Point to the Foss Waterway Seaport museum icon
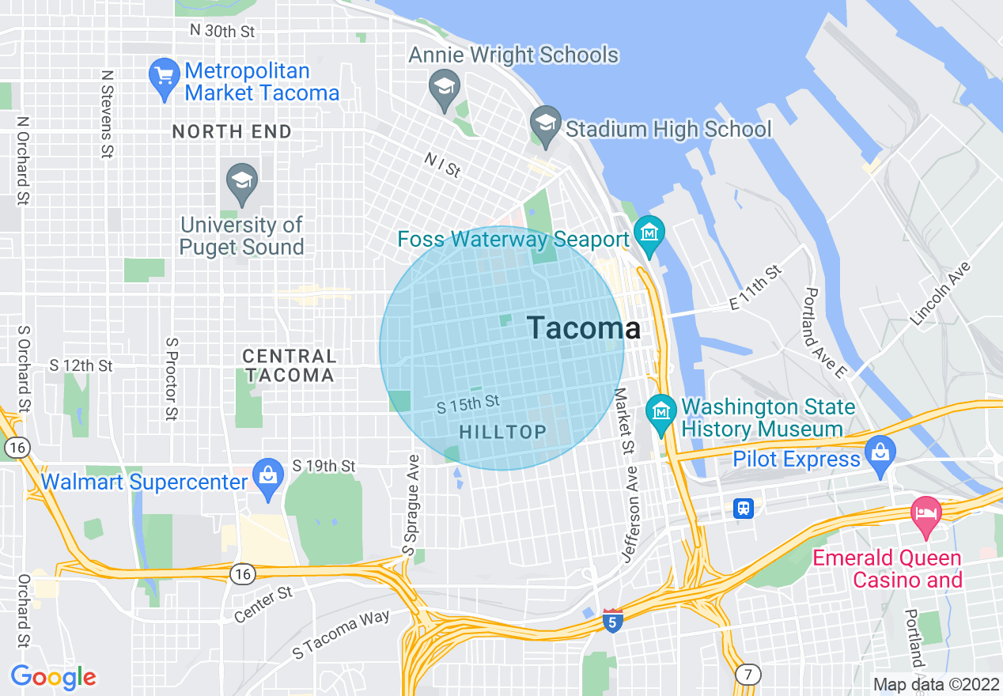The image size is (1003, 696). click(x=649, y=234)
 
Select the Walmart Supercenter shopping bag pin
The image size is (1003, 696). click(x=268, y=476)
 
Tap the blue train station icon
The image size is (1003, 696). click(x=743, y=508)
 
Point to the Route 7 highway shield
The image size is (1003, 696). click(x=748, y=675)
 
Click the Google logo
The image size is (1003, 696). click(x=53, y=677)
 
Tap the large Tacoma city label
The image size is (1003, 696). click(x=584, y=328)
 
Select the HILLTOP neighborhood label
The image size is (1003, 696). click(x=502, y=432)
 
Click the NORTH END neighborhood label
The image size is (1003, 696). click(x=232, y=132)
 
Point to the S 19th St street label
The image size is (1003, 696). click(x=324, y=467)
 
